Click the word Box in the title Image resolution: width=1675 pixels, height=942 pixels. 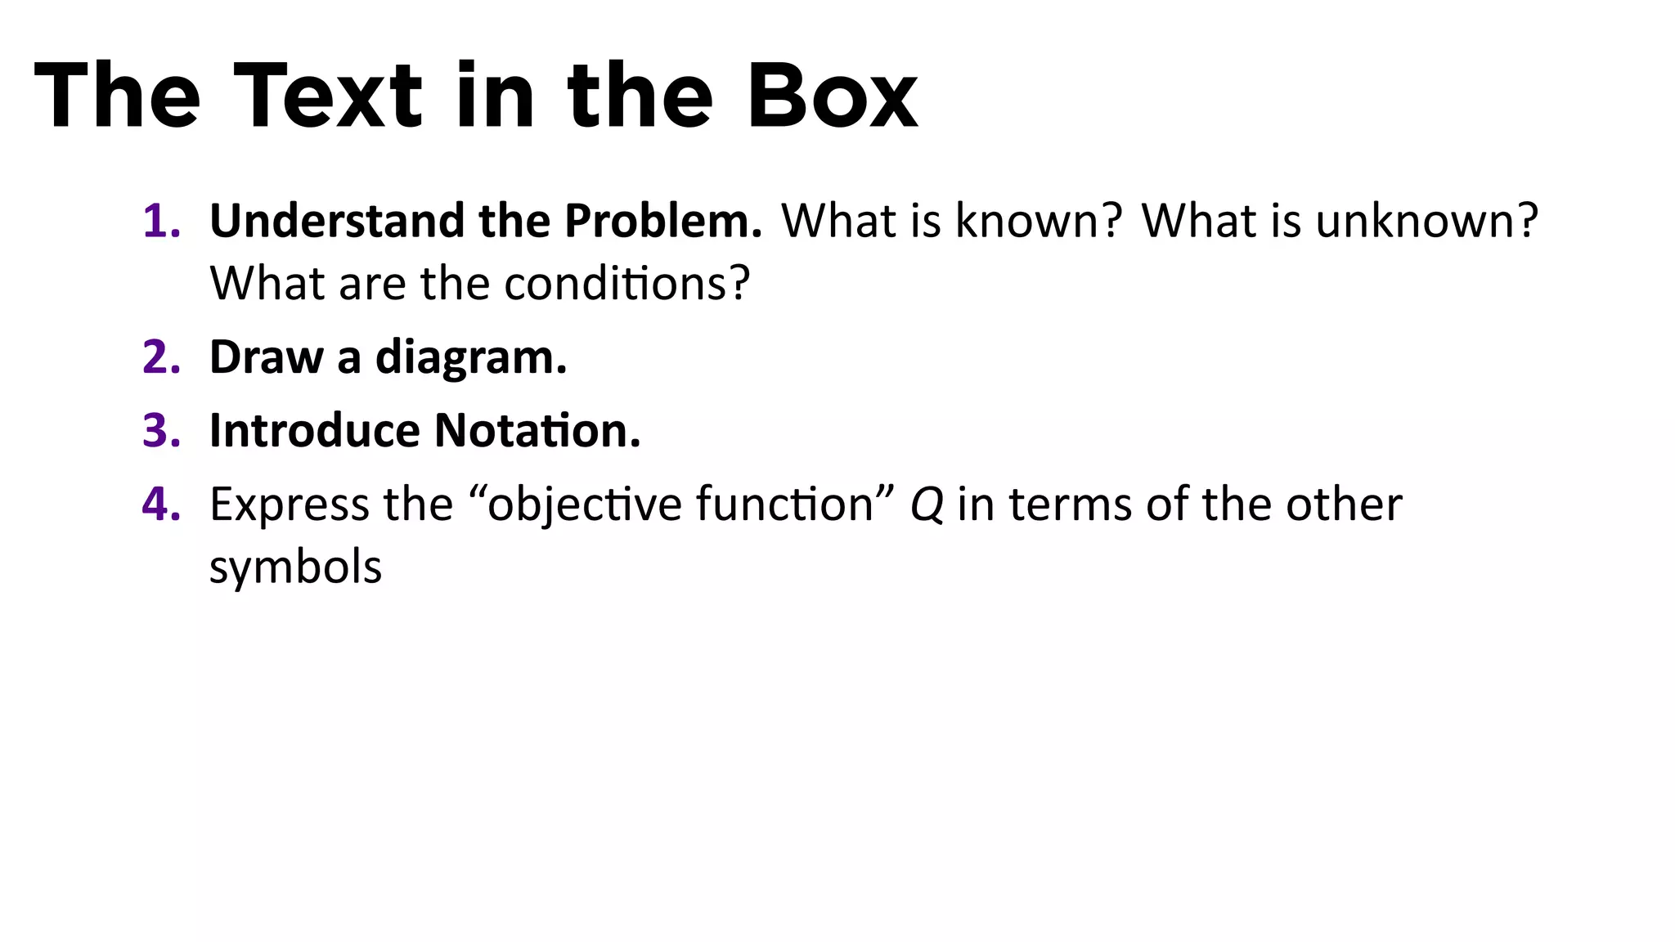(832, 96)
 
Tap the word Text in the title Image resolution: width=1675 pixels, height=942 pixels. (327, 96)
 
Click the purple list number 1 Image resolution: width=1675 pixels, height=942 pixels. (160, 221)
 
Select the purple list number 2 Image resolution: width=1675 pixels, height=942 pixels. (161, 357)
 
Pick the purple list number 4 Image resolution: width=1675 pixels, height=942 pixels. (161, 504)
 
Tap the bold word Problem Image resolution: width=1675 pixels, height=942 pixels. (662, 221)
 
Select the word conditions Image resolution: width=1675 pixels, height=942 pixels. (626, 284)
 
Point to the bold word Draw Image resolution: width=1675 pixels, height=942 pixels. (266, 357)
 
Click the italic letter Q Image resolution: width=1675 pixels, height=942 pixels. (927, 505)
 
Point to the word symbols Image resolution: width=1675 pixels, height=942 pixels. (295, 567)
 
